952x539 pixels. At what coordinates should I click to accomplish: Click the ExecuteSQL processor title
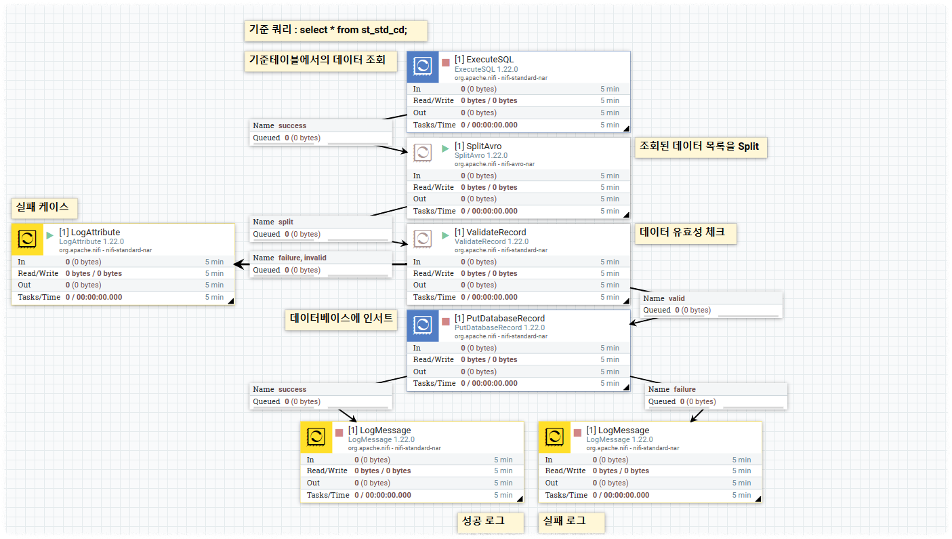(484, 60)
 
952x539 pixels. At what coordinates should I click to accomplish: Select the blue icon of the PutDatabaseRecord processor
(423, 326)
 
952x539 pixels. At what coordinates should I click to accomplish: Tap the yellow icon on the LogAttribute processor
(28, 239)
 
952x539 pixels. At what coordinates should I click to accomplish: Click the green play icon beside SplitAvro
(445, 148)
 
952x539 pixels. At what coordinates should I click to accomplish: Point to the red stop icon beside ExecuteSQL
(445, 62)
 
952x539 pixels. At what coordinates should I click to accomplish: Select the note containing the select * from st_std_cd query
(335, 31)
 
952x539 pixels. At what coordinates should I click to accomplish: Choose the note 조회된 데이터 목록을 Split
(701, 147)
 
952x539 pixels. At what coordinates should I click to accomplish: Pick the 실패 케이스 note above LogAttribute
(44, 207)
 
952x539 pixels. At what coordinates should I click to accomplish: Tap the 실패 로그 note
(571, 521)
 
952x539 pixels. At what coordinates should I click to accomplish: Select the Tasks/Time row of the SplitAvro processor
(518, 211)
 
